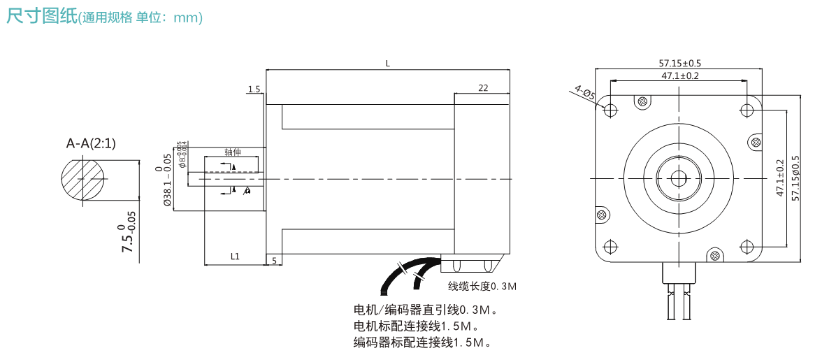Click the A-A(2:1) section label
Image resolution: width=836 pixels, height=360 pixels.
pos(91,143)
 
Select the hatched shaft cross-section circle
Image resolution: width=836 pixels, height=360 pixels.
pos(82,180)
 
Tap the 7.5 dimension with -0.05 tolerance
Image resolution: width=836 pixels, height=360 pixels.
pos(128,238)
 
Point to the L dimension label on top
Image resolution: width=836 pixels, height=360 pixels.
pos(388,64)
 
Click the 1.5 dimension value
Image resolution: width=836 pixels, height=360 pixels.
pos(253,89)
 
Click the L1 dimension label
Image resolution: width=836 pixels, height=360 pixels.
pos(235,257)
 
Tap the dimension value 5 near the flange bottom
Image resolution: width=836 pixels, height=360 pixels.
pos(275,260)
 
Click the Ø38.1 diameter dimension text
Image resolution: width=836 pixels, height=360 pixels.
pos(167,180)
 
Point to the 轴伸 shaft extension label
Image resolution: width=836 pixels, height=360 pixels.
pos(233,152)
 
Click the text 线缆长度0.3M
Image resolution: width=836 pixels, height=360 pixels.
pos(482,287)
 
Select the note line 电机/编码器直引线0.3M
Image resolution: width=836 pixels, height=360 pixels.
pos(426,310)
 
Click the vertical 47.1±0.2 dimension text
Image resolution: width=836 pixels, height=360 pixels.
pos(781,178)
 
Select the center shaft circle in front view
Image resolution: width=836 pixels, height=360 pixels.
pos(679,178)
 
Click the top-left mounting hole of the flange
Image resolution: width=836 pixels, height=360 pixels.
pos(610,110)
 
